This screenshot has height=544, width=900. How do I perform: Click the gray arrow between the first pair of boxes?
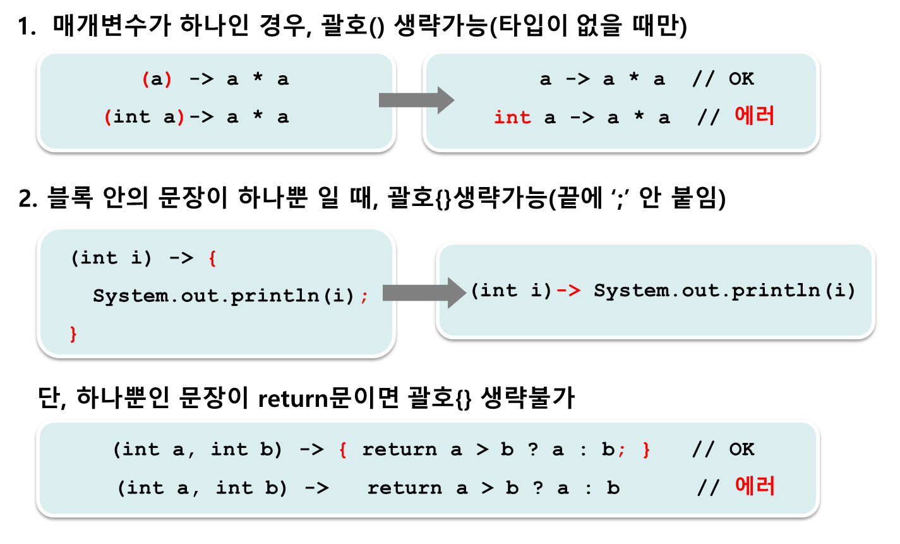[x=416, y=100]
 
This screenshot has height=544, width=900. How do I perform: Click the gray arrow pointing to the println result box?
[x=424, y=293]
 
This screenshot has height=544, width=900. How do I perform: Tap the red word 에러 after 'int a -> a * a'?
[x=754, y=116]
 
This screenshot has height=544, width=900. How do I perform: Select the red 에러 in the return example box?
[x=755, y=486]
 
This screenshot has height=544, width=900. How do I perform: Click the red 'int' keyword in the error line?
[x=512, y=118]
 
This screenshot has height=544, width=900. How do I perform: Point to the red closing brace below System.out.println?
[x=73, y=334]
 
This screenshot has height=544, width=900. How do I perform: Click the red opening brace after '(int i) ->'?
[x=213, y=258]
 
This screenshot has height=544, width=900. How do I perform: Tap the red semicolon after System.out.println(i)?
[x=364, y=297]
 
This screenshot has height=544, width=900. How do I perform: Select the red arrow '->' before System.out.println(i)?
[x=569, y=290]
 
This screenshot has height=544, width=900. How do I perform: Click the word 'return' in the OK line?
[x=399, y=449]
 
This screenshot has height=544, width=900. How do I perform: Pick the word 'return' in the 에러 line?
[x=405, y=488]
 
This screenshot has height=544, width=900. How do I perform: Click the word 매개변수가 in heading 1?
[x=112, y=26]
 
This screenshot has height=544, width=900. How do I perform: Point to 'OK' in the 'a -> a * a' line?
[x=741, y=79]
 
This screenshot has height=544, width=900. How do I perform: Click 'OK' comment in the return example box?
[x=741, y=449]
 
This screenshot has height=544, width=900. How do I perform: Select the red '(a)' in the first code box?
[x=157, y=79]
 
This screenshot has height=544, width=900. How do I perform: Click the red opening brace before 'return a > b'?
[x=343, y=450]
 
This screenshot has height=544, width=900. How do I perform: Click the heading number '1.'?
[x=27, y=27]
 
